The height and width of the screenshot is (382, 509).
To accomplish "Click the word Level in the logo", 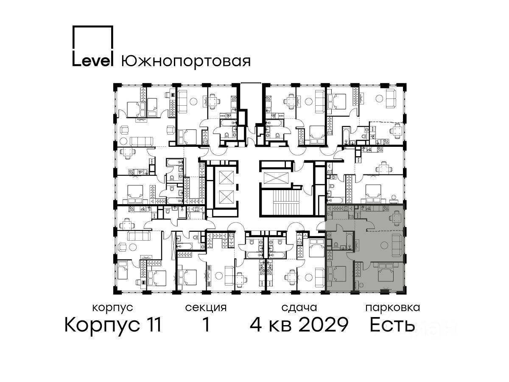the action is click(x=92, y=61).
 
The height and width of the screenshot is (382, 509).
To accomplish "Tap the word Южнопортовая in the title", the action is click(x=186, y=61).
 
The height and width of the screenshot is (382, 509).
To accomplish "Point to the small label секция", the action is click(x=206, y=308).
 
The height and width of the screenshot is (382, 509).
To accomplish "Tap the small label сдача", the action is click(x=299, y=308).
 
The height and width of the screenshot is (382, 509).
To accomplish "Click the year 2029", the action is click(x=323, y=325).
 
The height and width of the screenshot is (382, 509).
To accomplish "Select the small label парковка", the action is click(x=393, y=308).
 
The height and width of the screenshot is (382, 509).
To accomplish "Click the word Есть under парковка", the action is click(x=392, y=325).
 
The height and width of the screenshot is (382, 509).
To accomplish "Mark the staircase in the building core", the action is click(x=283, y=203).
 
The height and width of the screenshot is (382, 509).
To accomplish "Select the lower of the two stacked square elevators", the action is click(x=227, y=197).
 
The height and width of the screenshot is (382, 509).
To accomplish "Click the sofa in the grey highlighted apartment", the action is click(x=397, y=245).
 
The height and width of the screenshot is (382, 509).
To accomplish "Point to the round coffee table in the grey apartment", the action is click(x=384, y=244).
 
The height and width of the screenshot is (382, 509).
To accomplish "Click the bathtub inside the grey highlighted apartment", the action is click(x=349, y=242).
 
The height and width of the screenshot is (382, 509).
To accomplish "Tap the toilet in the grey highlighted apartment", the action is click(x=336, y=245).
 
